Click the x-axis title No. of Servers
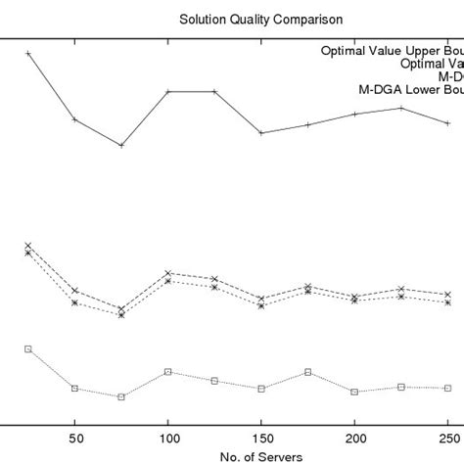pyautogui.click(x=260, y=456)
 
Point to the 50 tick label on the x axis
pyautogui.click(x=74, y=438)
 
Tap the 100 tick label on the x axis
pyautogui.click(x=168, y=438)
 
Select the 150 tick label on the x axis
pyautogui.click(x=261, y=438)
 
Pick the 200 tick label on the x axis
pyautogui.click(x=354, y=438)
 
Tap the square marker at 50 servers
pyautogui.click(x=74, y=388)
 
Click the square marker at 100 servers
pyautogui.click(x=168, y=372)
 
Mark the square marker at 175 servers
pyautogui.click(x=308, y=372)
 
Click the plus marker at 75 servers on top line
pyautogui.click(x=121, y=145)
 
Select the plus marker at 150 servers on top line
pyautogui.click(x=261, y=133)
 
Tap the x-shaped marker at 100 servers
pyautogui.click(x=168, y=273)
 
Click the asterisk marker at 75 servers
pyautogui.click(x=121, y=315)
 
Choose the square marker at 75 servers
pyautogui.click(x=121, y=396)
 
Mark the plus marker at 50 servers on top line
pyautogui.click(x=74, y=119)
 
